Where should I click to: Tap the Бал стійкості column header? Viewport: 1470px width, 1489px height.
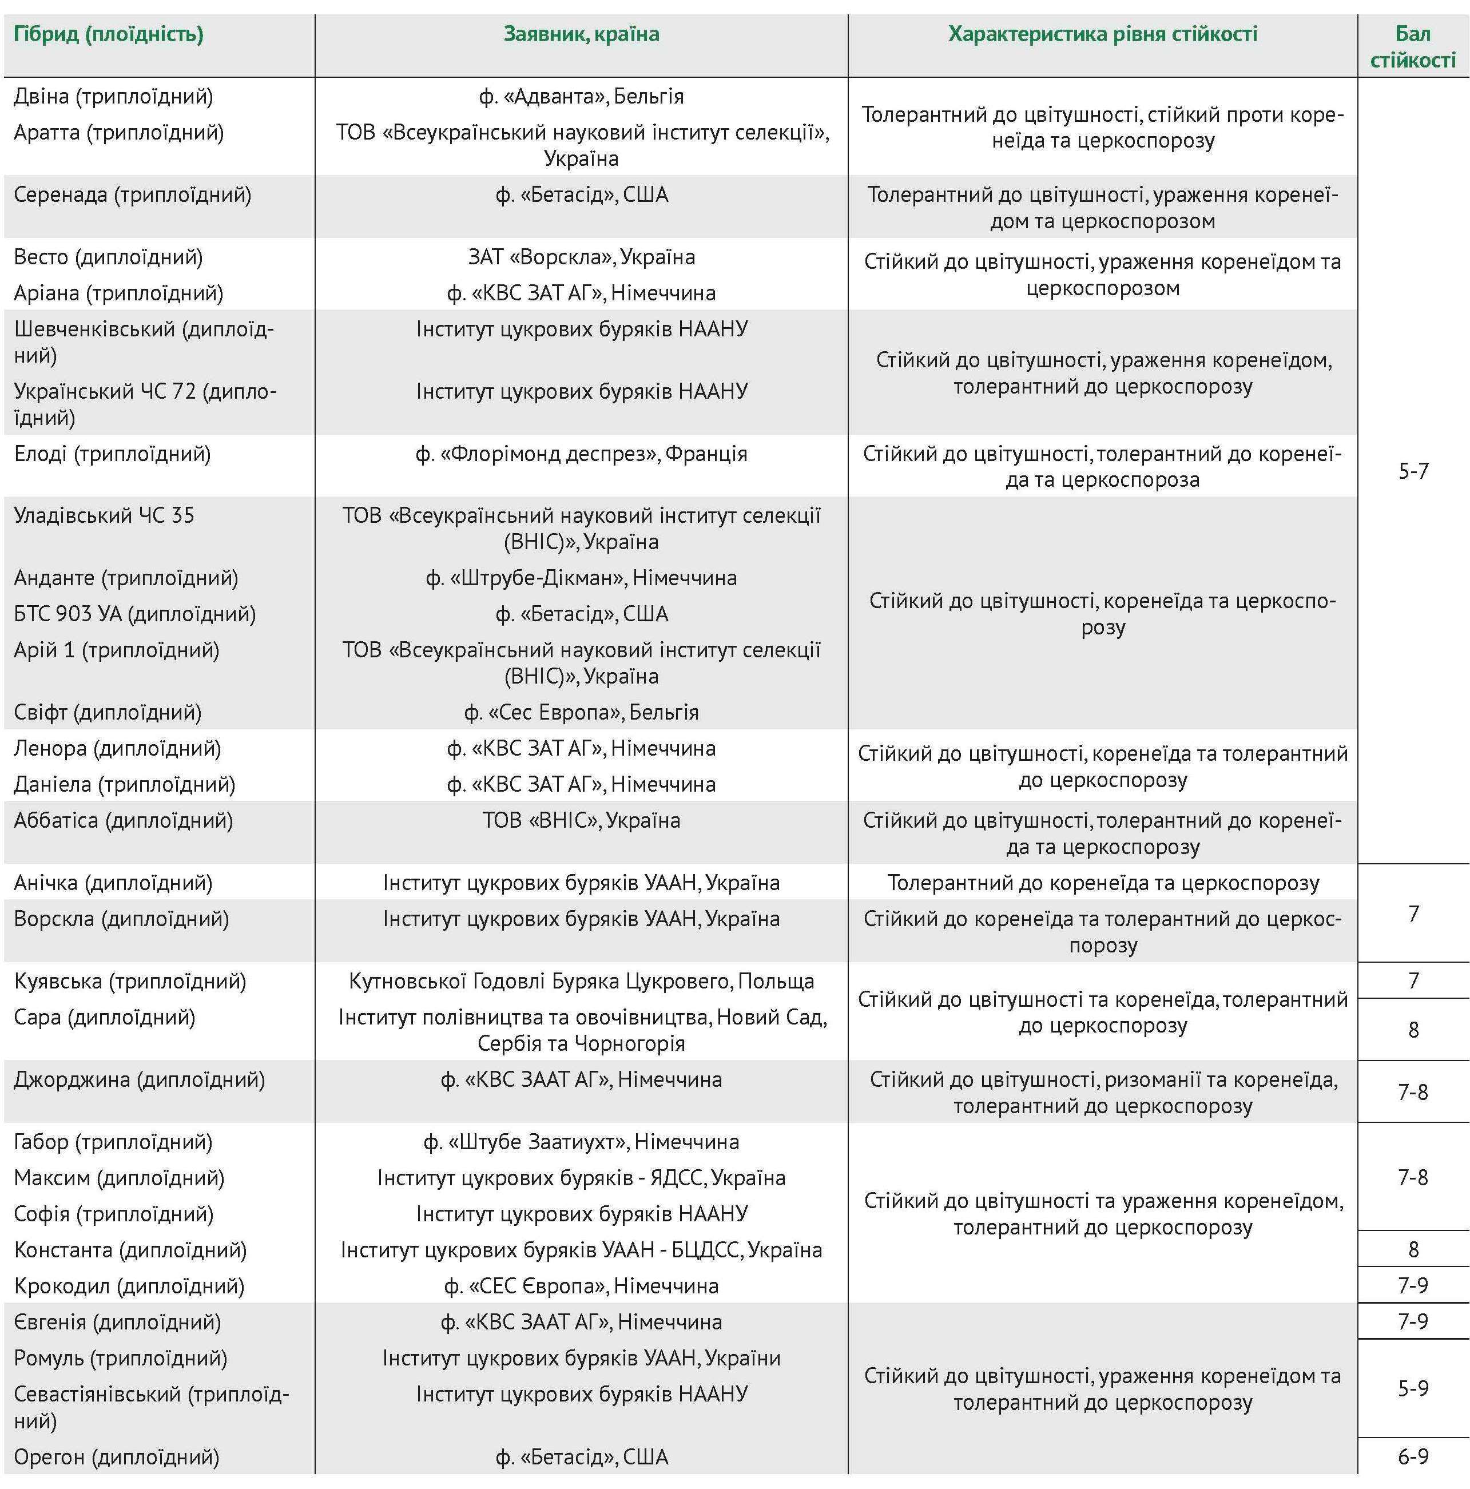click(1412, 47)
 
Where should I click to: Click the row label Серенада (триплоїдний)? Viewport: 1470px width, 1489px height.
click(133, 195)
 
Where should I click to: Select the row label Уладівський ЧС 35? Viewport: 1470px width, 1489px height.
click(104, 515)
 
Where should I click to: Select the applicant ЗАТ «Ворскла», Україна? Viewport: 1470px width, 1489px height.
click(581, 257)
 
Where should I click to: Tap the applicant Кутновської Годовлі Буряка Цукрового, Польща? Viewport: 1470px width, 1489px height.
click(581, 982)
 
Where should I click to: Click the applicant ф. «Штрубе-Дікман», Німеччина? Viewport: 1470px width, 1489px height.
click(581, 578)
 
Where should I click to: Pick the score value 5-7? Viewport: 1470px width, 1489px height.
click(1413, 471)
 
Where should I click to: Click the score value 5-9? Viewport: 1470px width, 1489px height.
click(1413, 1389)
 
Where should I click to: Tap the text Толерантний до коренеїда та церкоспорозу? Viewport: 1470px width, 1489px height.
click(1103, 883)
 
